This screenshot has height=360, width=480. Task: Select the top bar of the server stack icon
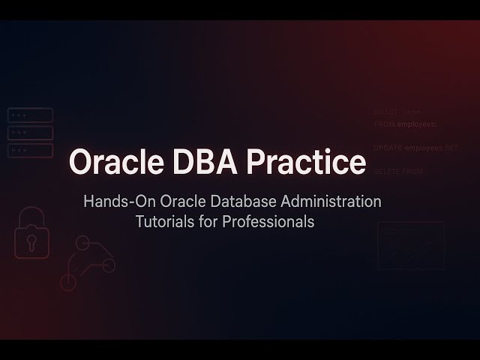click(30, 115)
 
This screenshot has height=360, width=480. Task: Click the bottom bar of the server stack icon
click(30, 151)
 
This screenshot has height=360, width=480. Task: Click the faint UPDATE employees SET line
click(415, 148)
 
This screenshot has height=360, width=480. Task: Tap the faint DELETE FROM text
click(398, 172)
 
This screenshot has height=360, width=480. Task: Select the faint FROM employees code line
click(405, 124)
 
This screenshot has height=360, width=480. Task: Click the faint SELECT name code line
click(397, 111)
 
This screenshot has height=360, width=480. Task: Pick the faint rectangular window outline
click(410, 245)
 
